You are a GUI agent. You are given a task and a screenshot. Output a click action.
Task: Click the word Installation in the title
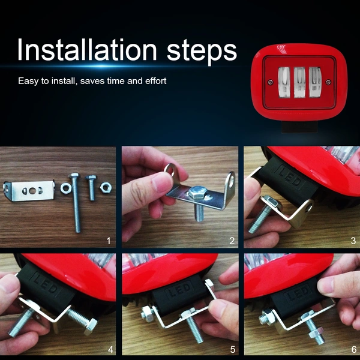(x=87, y=50)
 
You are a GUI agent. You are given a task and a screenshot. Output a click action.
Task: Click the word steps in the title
(x=202, y=52)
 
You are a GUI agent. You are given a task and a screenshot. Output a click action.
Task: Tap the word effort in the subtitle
(x=155, y=81)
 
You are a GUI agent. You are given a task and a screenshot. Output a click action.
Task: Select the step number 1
(x=109, y=241)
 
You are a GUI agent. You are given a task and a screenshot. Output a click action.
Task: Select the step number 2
(x=232, y=241)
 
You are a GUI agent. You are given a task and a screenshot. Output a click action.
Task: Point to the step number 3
(x=353, y=241)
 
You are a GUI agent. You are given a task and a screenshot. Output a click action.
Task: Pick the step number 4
(x=110, y=350)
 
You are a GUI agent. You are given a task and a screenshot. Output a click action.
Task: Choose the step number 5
(x=233, y=350)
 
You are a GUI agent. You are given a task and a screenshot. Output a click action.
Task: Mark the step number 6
(x=354, y=350)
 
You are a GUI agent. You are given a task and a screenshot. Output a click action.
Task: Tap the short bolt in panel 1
(x=91, y=187)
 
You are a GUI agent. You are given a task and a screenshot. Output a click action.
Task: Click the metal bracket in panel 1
(x=29, y=191)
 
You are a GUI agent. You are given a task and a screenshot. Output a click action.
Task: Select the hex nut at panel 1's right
(x=106, y=187)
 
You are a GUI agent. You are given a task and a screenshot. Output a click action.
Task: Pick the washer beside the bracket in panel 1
(x=65, y=188)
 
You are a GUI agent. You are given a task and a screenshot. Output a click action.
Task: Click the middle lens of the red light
(x=299, y=83)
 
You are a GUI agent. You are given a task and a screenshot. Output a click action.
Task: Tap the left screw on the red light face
(x=271, y=82)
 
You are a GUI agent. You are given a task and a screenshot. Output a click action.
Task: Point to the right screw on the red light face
(x=329, y=82)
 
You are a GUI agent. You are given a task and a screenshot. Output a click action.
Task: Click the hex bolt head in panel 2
(x=197, y=192)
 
